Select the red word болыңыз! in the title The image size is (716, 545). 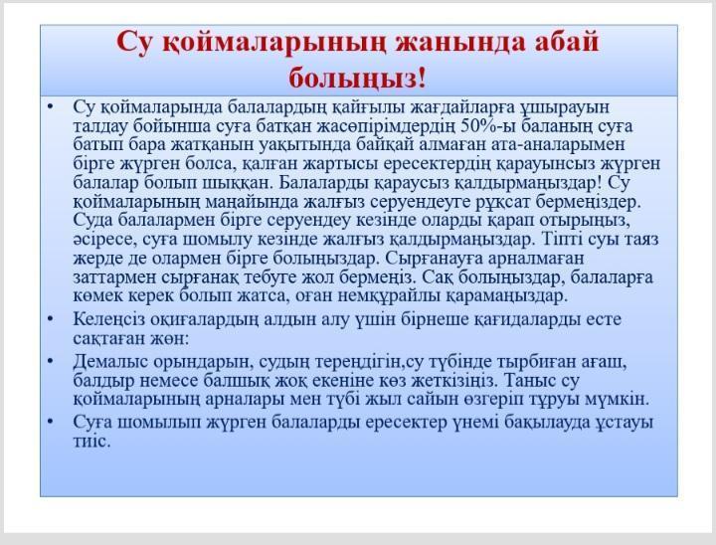(x=358, y=78)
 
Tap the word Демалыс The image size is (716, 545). (x=110, y=362)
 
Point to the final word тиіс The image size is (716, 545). (x=91, y=441)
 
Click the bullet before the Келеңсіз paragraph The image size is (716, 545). (x=51, y=319)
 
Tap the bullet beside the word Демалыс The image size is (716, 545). (x=51, y=361)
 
